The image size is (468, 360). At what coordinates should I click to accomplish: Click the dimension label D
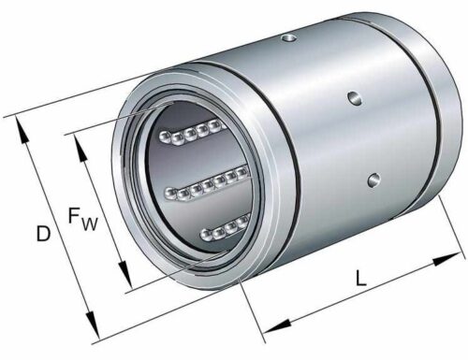point(43,234)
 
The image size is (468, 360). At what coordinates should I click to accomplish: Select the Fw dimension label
point(83,219)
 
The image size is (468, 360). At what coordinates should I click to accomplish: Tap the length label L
point(361,278)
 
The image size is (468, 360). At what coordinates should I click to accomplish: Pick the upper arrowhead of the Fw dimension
point(80,149)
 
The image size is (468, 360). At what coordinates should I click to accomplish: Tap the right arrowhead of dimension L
point(446,259)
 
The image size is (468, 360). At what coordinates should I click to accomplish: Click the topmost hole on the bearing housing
point(289,38)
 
